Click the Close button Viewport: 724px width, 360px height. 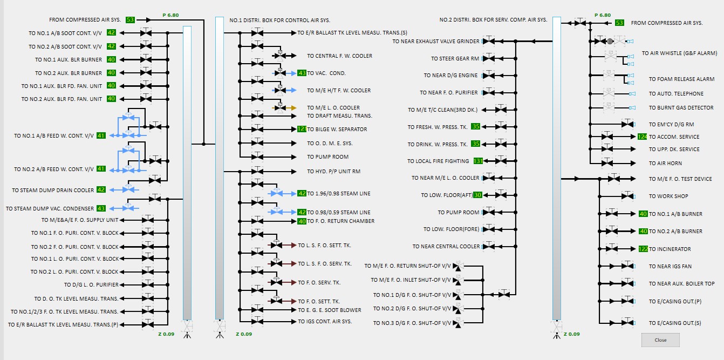[x=660, y=340]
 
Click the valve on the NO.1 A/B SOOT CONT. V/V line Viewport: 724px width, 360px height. [x=146, y=33]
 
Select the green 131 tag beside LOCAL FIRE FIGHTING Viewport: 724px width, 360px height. [x=478, y=161]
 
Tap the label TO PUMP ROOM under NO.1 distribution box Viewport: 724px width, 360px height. [x=327, y=157]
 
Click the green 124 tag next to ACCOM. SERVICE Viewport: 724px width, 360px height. [x=642, y=137]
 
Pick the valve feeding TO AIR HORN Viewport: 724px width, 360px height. [x=607, y=163]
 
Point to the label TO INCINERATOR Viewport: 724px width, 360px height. [x=670, y=249]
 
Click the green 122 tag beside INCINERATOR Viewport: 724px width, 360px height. [x=643, y=249]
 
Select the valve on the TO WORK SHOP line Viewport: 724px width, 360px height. [x=627, y=196]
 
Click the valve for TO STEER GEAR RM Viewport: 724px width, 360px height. [x=489, y=58]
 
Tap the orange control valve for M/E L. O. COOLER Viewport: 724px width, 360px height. [x=280, y=108]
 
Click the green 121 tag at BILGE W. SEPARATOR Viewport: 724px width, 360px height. [x=302, y=129]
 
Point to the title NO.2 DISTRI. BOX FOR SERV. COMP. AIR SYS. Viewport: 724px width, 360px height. [x=493, y=20]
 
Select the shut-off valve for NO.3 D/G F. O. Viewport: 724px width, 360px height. [x=457, y=323]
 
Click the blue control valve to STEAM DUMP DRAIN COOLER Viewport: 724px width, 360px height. [x=128, y=189]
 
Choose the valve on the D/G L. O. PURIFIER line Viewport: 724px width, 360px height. [x=148, y=284]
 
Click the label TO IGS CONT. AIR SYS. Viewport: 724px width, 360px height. [x=325, y=322]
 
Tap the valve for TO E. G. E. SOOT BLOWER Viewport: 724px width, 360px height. [x=257, y=310]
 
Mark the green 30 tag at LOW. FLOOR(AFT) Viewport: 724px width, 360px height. [x=477, y=195]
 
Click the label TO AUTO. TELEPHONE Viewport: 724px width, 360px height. [x=676, y=94]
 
